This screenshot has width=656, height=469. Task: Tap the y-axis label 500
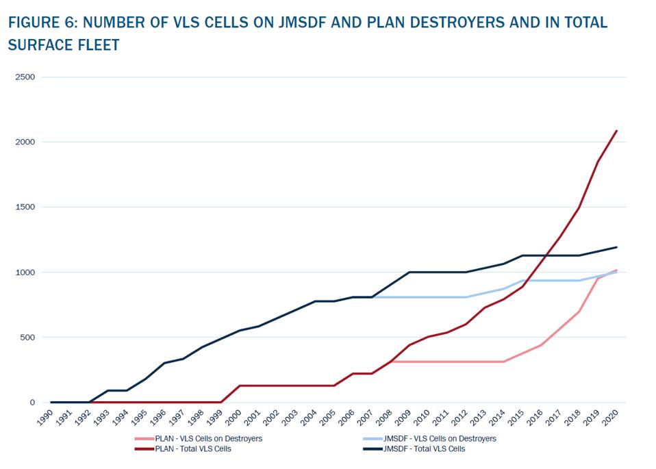27,337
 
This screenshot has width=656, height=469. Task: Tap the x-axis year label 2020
613,417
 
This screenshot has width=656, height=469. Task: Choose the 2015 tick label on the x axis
518,417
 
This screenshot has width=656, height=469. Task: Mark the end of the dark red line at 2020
617,131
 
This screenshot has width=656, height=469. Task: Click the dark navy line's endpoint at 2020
617,247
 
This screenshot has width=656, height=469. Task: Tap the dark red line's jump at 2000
240,385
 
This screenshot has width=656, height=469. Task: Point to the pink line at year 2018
579,312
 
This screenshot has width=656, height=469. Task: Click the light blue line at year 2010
429,297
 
